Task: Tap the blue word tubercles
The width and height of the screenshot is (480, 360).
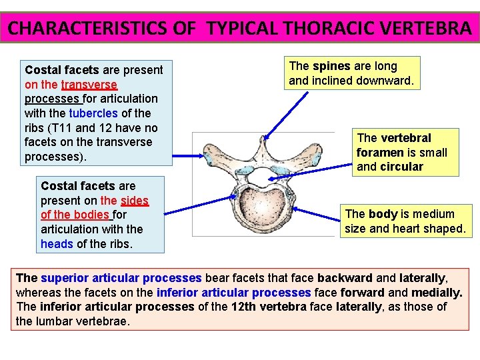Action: [x=93, y=113]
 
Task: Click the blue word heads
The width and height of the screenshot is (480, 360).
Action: [x=57, y=243]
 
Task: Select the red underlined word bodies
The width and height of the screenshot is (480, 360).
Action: [x=90, y=215]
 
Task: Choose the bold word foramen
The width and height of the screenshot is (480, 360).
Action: [x=380, y=152]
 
